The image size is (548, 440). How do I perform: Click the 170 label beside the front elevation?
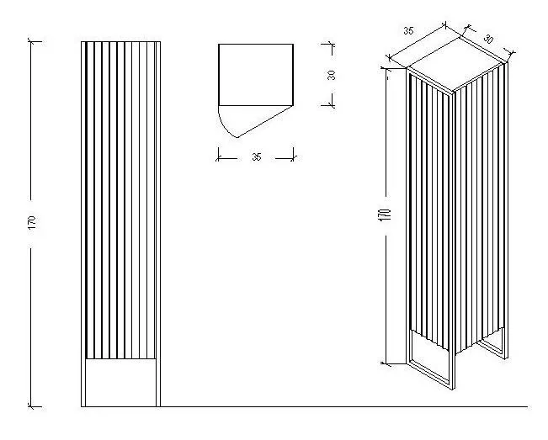32,222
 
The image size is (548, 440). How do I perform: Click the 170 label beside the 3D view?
384,215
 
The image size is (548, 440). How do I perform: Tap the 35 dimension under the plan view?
257,156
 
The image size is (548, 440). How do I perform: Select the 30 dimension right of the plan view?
332,75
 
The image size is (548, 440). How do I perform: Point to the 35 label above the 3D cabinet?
408,31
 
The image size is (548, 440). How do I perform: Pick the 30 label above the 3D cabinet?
488,39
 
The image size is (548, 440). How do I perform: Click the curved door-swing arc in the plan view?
226,125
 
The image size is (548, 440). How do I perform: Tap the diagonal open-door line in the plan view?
265,121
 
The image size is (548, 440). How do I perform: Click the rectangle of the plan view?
256,75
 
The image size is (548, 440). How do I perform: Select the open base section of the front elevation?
120,383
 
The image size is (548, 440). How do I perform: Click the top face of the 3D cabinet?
457,65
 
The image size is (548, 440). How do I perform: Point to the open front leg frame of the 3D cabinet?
432,360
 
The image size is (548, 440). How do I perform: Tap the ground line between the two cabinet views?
344,407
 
